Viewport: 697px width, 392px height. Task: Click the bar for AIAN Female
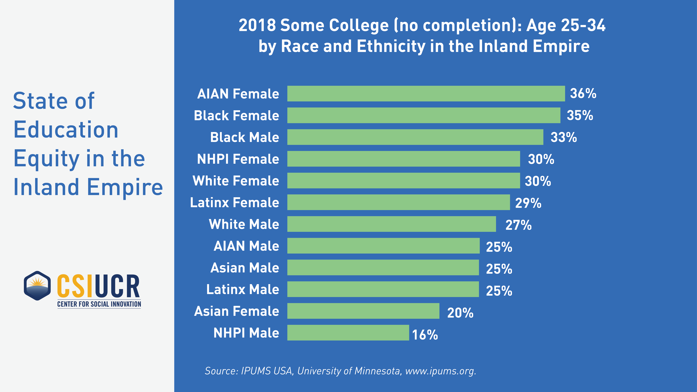(426, 94)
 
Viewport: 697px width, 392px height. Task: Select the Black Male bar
(415, 137)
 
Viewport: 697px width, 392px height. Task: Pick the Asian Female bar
(363, 311)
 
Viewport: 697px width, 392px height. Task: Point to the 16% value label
(425, 335)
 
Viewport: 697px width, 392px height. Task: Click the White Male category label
(244, 224)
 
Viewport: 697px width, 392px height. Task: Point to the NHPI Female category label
(238, 159)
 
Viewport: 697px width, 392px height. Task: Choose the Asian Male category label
(245, 268)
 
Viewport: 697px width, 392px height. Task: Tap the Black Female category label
(236, 116)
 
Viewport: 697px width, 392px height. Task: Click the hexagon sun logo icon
(37, 286)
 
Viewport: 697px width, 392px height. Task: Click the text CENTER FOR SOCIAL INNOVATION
(99, 304)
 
